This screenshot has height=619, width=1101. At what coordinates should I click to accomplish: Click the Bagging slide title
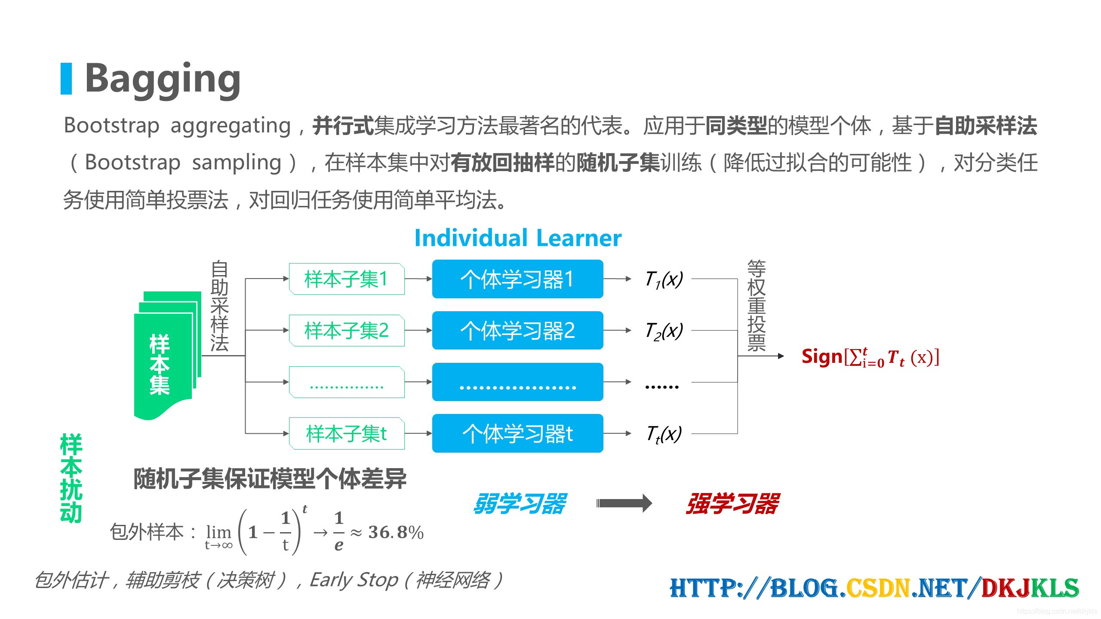(x=163, y=79)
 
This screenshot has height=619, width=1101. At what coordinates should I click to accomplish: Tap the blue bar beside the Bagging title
(x=66, y=79)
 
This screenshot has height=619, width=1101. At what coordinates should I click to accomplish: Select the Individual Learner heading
(x=518, y=238)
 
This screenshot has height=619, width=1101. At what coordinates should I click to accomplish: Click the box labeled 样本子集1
(x=346, y=279)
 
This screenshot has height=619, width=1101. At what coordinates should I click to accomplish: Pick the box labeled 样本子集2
(x=346, y=331)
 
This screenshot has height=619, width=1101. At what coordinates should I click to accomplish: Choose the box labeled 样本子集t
(x=346, y=433)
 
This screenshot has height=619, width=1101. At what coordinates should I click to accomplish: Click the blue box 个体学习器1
(x=517, y=279)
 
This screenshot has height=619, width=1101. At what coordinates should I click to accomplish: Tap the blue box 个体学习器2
(x=517, y=331)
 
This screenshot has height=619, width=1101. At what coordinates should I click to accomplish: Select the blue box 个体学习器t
(x=517, y=433)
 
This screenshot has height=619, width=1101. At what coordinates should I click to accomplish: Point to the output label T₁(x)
(x=664, y=279)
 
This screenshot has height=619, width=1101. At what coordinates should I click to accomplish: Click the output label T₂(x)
(x=664, y=331)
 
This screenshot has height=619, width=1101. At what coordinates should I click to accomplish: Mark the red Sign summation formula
(x=870, y=357)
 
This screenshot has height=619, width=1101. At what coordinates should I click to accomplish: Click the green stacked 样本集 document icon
(x=166, y=357)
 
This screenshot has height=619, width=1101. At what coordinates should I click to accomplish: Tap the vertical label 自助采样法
(x=219, y=306)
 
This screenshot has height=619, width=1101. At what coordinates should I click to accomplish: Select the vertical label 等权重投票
(x=757, y=306)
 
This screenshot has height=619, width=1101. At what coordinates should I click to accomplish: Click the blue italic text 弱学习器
(x=520, y=504)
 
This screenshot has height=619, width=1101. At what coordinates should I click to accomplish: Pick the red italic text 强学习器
(x=732, y=504)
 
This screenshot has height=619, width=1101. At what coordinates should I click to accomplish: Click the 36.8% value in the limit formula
(x=396, y=533)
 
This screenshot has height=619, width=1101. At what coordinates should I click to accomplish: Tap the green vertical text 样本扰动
(x=71, y=478)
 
